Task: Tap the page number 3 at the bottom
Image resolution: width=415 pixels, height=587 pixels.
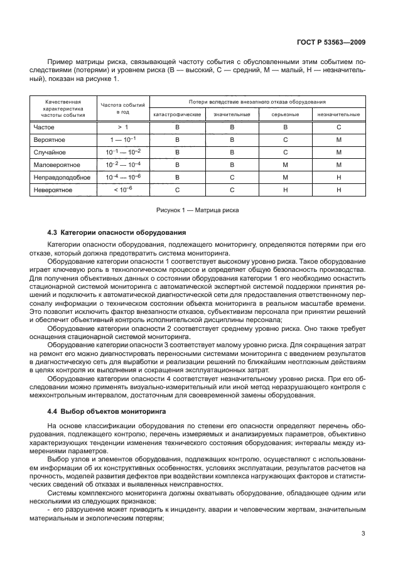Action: [x=364, y=534]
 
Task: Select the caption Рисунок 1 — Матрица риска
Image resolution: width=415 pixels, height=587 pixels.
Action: [x=198, y=210]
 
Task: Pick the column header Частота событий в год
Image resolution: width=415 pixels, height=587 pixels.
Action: [x=122, y=108]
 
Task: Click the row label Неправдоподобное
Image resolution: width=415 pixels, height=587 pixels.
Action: [x=62, y=177]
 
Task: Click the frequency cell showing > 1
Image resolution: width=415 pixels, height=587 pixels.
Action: [x=122, y=127]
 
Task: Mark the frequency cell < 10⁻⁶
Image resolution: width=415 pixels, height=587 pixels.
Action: [x=122, y=190]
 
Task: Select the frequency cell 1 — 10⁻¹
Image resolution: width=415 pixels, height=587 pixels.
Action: [x=122, y=139]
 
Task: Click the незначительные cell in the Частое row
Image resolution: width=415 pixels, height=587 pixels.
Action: [x=338, y=127]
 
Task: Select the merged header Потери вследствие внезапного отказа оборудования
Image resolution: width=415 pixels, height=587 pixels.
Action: [x=257, y=101]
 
